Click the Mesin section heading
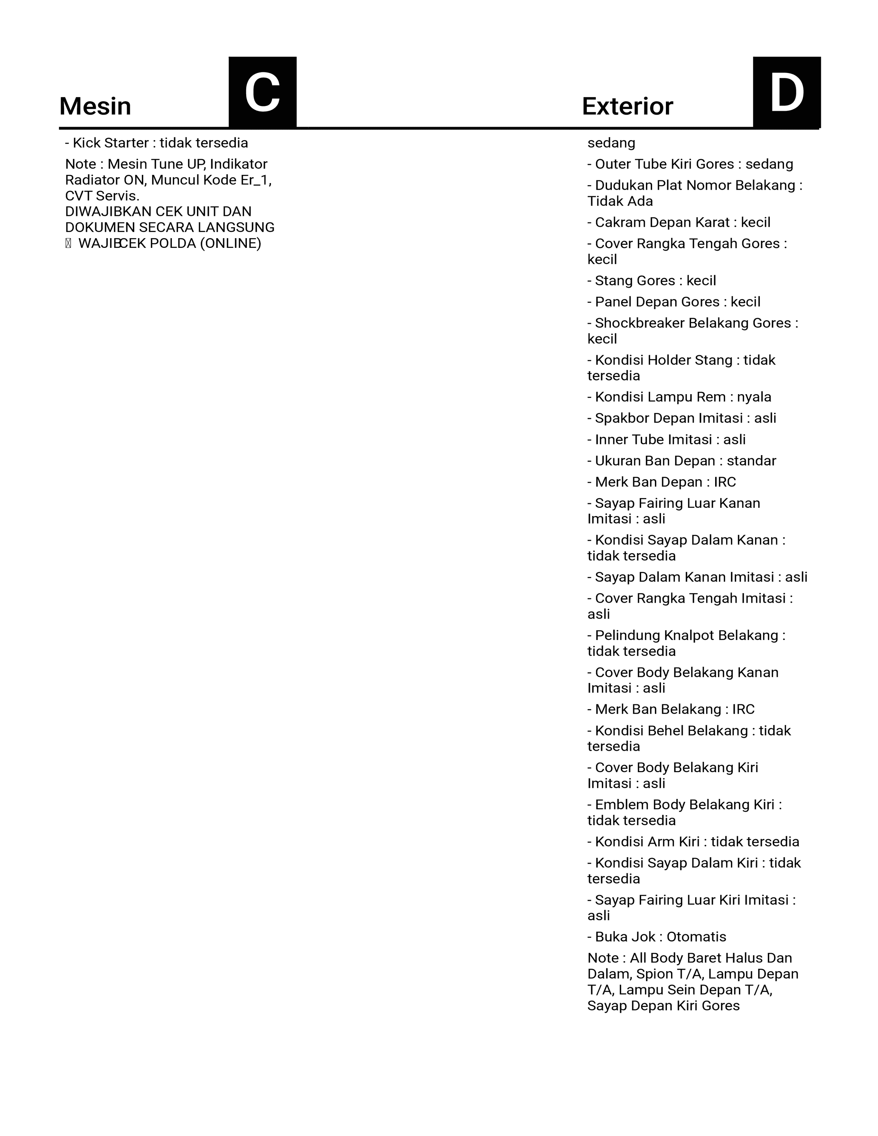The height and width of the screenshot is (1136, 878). tap(95, 107)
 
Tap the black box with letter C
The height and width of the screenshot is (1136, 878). tap(263, 92)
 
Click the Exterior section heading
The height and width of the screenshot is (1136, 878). tap(627, 107)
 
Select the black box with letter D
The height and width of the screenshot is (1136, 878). tap(786, 92)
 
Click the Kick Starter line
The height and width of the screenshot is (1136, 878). tap(156, 143)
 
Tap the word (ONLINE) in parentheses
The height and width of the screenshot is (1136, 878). tap(230, 243)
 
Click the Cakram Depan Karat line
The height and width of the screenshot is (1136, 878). tap(679, 223)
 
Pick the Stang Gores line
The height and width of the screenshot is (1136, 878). tap(652, 281)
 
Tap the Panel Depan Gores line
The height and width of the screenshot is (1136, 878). tap(673, 302)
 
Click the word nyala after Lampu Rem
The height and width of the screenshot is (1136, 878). tap(754, 397)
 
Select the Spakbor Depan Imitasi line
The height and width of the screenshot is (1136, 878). tap(681, 418)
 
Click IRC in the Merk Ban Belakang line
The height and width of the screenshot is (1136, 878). tap(743, 709)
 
